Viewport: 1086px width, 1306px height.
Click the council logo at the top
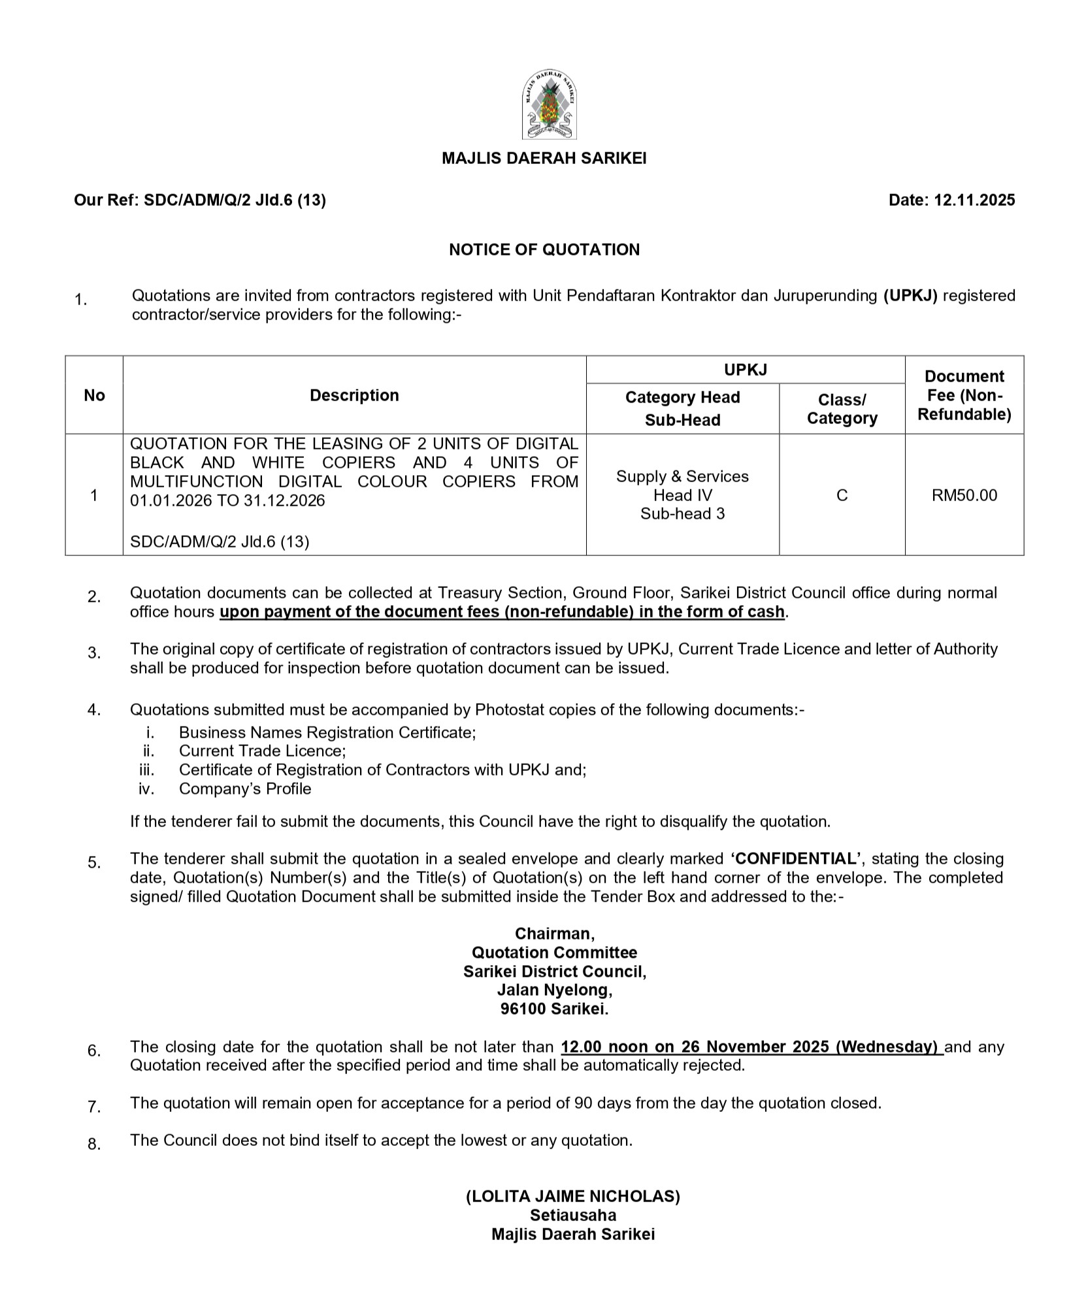click(x=549, y=105)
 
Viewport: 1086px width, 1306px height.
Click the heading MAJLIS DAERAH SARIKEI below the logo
click(x=544, y=158)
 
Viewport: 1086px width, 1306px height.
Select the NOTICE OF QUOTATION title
click(x=544, y=250)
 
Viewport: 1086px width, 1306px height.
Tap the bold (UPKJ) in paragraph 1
click(x=910, y=295)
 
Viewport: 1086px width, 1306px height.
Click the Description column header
click(x=354, y=395)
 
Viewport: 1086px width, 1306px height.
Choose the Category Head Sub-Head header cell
click(x=682, y=408)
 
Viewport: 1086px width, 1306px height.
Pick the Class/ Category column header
click(x=842, y=408)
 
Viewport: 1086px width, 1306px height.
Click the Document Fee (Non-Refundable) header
click(x=964, y=395)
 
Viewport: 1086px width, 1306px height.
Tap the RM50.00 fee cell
click(x=964, y=495)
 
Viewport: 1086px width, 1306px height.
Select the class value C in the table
click(x=842, y=495)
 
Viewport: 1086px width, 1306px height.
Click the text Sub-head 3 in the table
click(x=682, y=514)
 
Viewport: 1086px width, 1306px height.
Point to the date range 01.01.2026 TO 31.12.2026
click(x=227, y=500)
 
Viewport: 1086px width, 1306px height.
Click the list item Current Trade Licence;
click(x=262, y=751)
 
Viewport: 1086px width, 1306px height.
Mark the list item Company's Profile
click(x=245, y=789)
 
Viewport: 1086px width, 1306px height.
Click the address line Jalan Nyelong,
click(x=554, y=990)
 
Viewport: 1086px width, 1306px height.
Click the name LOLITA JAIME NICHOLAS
click(x=572, y=1196)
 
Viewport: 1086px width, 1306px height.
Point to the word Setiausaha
click(x=572, y=1215)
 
